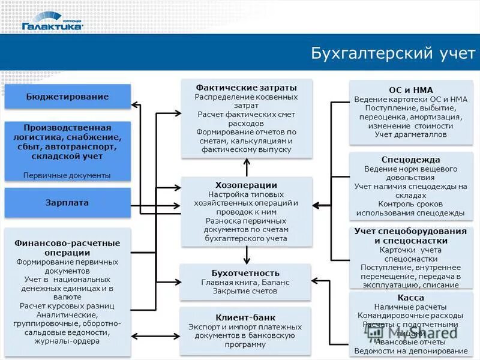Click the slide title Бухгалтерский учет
coord(393,53)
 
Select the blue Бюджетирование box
coord(67,97)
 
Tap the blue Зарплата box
coord(67,203)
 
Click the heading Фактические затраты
coord(246,88)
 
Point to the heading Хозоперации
coord(246,185)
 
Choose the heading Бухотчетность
coord(245,273)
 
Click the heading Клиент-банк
coord(245,317)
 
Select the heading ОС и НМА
coord(411,90)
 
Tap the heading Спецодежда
coord(411,160)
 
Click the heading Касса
coord(411,298)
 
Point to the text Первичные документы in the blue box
coord(67,175)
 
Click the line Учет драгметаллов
coord(411,135)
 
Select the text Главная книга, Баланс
coord(245,282)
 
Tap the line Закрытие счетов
coord(245,291)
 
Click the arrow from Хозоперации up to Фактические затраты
coord(246,167)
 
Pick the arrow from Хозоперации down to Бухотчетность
coord(246,255)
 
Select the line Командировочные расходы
coord(411,315)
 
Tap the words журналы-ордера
coord(67,343)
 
